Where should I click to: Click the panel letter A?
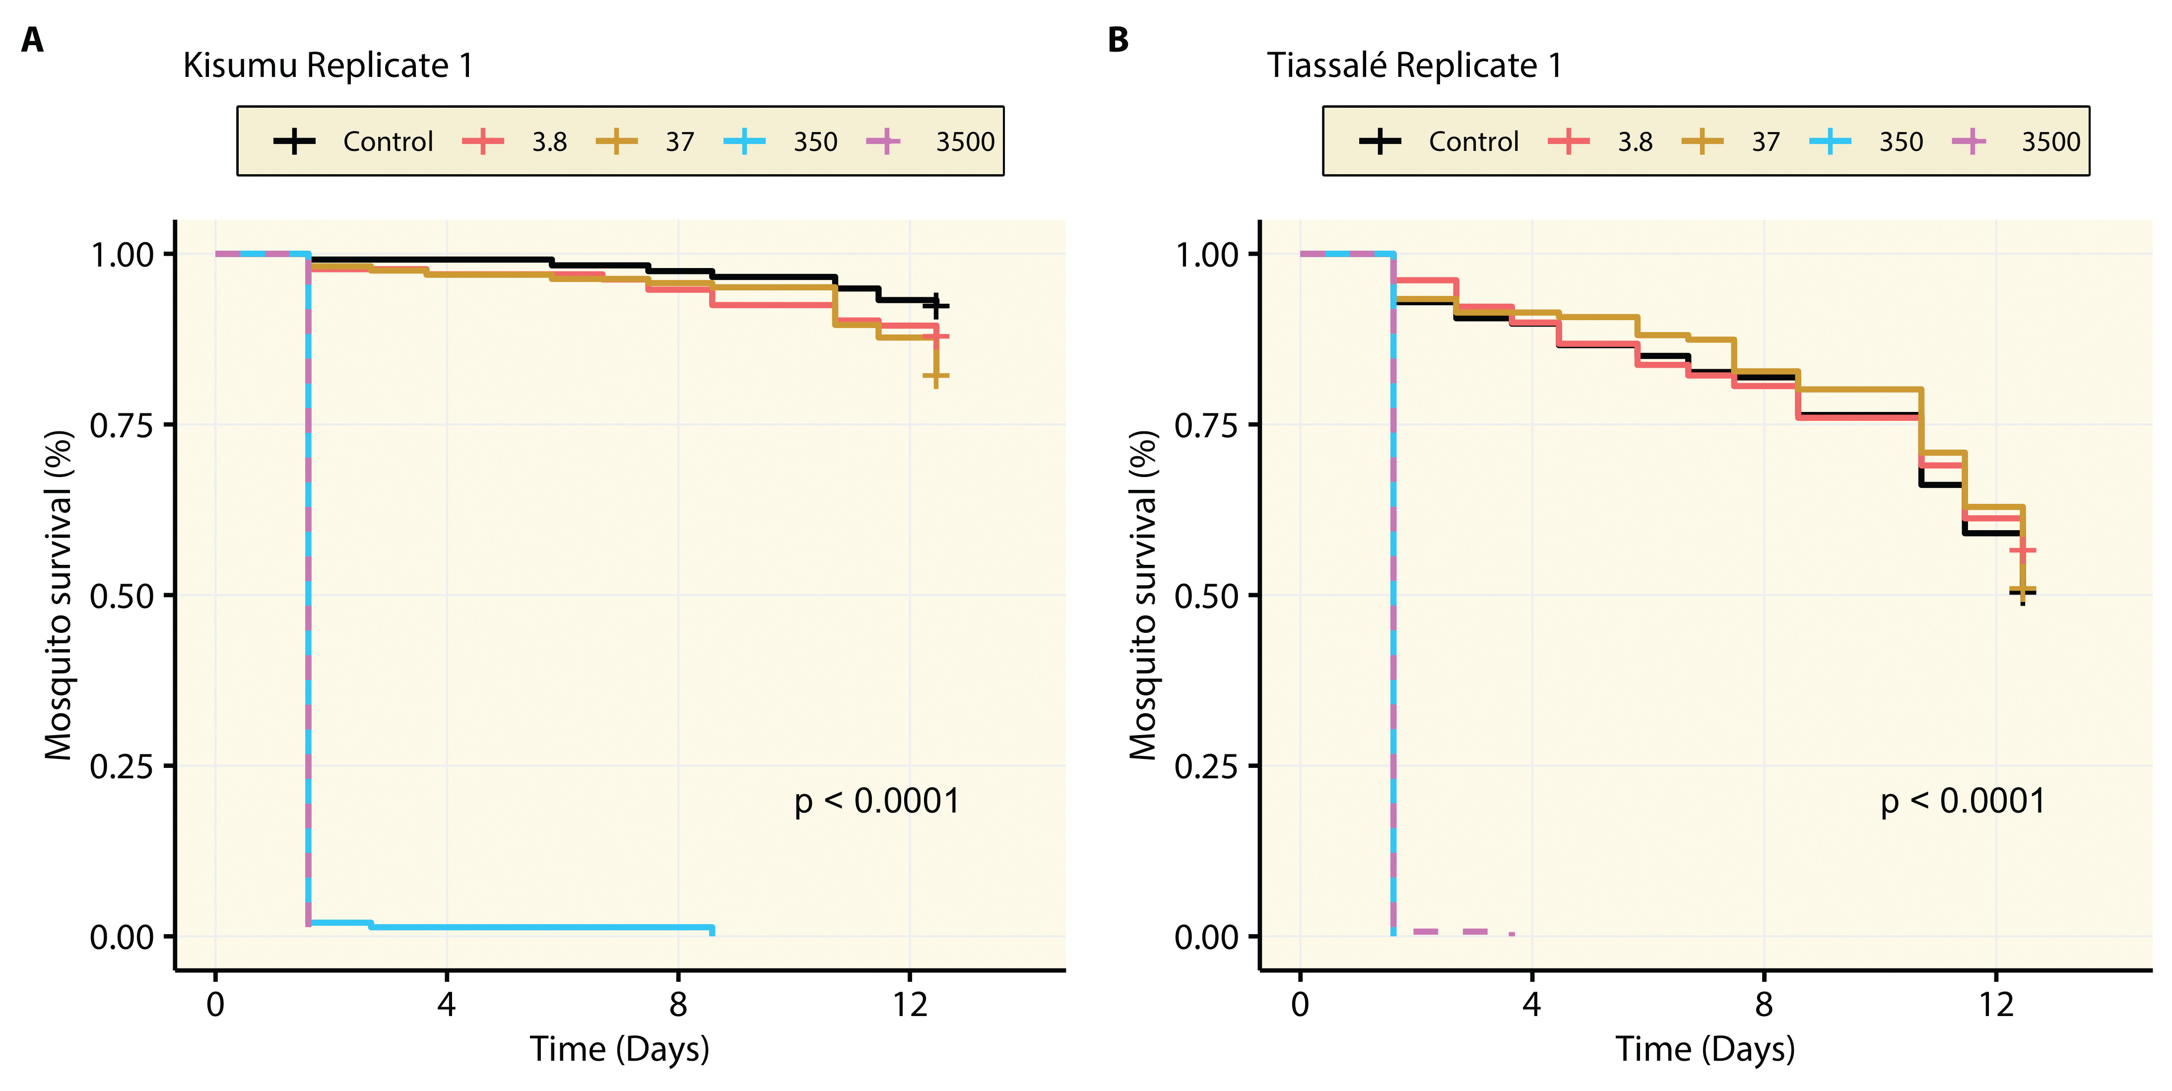point(32,40)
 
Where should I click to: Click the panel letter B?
point(1118,40)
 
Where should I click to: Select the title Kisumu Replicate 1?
point(328,66)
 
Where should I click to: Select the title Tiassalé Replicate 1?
point(1414,66)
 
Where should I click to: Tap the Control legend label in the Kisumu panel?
point(388,141)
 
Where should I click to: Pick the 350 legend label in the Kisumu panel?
point(814,141)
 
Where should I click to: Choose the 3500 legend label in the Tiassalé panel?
point(2050,141)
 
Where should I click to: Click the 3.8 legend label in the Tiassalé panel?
point(1635,141)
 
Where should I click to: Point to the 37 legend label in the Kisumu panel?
point(680,141)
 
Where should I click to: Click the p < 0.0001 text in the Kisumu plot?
point(877,801)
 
